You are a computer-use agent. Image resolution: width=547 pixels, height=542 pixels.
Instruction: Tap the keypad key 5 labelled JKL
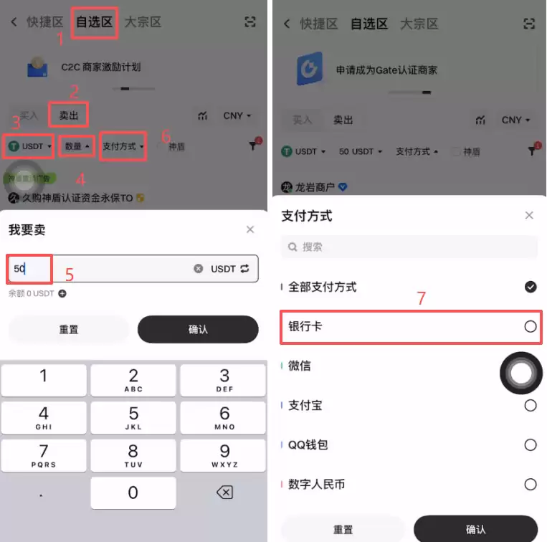[133, 418]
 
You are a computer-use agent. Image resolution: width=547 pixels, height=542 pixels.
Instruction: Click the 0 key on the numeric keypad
[133, 493]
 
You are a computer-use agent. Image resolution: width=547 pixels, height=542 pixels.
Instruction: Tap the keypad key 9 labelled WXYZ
[224, 455]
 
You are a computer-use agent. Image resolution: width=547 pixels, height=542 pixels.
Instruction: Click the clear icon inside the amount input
[198, 268]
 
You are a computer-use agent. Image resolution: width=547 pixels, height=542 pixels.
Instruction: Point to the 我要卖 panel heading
[27, 229]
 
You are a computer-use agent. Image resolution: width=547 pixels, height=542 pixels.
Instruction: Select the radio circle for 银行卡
[530, 326]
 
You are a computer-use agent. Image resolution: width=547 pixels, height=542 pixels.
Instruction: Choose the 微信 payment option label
[300, 366]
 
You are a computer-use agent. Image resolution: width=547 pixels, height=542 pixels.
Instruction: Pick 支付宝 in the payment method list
[305, 405]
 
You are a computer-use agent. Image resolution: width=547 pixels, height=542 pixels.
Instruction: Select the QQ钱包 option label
[308, 444]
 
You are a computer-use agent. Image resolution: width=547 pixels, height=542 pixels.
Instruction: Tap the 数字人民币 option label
[316, 484]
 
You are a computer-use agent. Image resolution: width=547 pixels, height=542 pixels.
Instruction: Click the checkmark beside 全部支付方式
[530, 287]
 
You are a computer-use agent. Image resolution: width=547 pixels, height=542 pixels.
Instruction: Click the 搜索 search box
[409, 247]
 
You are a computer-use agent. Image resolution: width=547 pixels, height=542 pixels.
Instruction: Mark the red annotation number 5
[70, 275]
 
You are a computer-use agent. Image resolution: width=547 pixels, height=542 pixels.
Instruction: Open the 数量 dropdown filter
[77, 146]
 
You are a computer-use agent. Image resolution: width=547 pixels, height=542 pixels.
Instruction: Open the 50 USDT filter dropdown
[360, 151]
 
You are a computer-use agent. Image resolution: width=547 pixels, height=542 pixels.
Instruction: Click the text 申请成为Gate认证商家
[386, 70]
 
